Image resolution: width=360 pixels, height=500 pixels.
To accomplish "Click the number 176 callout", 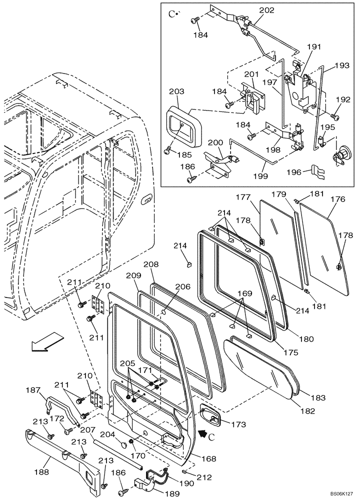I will [338, 199].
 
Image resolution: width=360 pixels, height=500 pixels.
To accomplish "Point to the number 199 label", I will [260, 176].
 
